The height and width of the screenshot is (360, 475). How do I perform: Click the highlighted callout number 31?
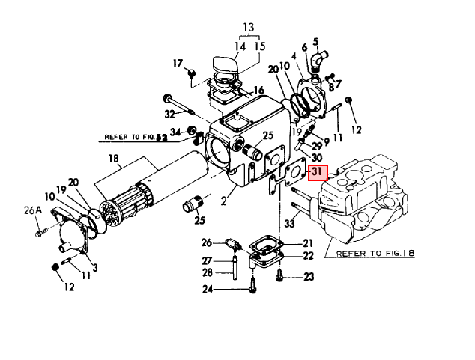click(x=318, y=173)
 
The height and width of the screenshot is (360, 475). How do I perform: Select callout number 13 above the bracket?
click(x=248, y=28)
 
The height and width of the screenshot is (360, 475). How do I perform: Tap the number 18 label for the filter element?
click(x=114, y=159)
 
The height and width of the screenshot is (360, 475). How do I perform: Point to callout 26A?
click(x=33, y=210)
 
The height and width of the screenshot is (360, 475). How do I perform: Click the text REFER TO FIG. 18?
click(x=375, y=253)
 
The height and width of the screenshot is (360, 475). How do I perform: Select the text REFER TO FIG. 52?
click(x=136, y=138)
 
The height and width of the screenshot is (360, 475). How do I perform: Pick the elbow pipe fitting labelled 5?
click(x=318, y=60)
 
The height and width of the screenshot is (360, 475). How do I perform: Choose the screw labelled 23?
click(x=279, y=275)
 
